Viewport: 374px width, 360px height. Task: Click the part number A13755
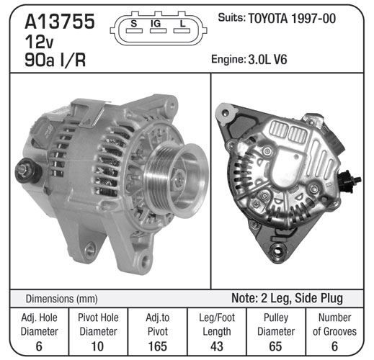tap(60, 22)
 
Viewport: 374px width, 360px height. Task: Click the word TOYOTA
tap(267, 19)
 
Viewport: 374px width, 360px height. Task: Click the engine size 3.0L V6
tap(267, 59)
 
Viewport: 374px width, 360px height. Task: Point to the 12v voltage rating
tap(39, 42)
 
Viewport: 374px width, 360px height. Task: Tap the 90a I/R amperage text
tap(55, 60)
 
